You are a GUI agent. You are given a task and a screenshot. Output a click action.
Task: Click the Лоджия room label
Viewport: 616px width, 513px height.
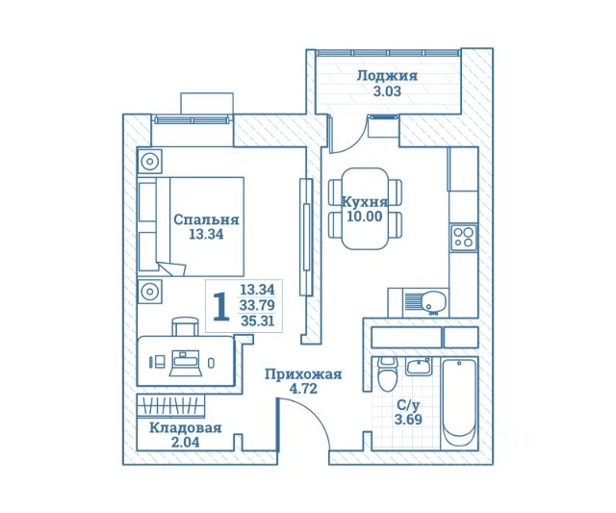[386, 76]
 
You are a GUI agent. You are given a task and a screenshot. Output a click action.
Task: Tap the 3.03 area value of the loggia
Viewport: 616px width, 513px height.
[386, 93]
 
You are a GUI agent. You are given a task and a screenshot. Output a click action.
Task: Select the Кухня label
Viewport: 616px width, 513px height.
[365, 202]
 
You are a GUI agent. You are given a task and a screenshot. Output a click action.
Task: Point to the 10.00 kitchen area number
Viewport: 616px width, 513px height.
[365, 218]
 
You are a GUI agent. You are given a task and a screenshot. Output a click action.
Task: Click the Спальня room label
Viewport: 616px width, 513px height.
[206, 219]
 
